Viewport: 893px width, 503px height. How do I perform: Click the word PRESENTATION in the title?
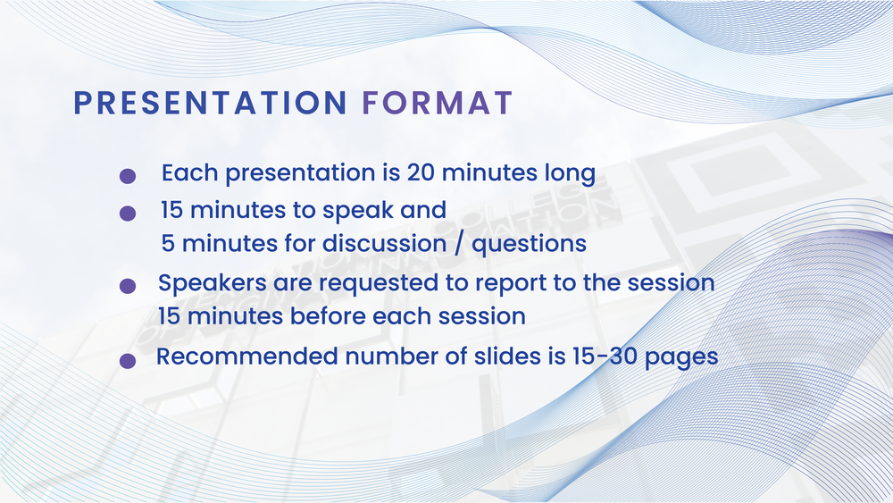click(x=210, y=103)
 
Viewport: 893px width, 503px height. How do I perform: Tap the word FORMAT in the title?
click(x=438, y=103)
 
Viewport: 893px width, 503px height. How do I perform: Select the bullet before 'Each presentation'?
click(x=128, y=175)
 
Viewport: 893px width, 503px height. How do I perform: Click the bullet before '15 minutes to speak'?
click(x=128, y=213)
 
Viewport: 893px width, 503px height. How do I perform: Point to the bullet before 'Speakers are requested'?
click(x=128, y=285)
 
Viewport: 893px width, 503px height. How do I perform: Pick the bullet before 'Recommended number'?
click(x=128, y=360)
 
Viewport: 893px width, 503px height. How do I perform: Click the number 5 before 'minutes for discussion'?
click(x=168, y=244)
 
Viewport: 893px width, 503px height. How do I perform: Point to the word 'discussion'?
click(x=384, y=243)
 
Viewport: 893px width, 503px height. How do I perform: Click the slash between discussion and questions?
click(x=459, y=245)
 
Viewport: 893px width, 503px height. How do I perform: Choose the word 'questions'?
click(x=529, y=246)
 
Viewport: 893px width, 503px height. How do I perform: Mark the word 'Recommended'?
click(x=247, y=356)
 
